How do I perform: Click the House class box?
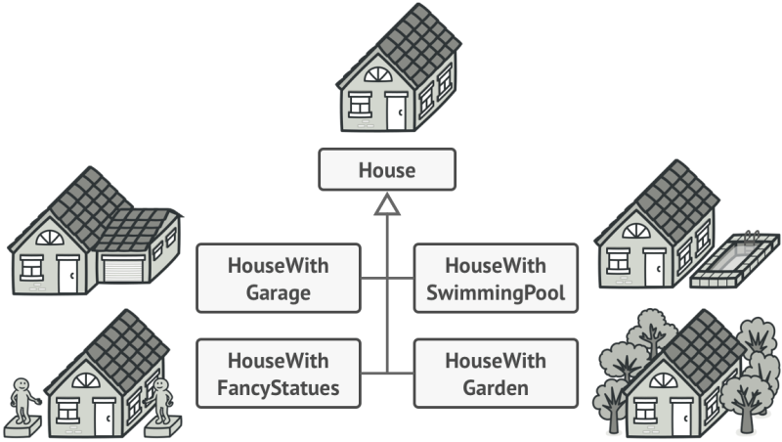pos(387,169)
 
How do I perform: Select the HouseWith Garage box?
pos(278,279)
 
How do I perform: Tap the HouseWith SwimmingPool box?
pos(496,279)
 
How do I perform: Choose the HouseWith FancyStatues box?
pos(278,374)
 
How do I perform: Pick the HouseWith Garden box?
pos(496,374)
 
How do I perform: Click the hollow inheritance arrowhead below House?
pos(388,203)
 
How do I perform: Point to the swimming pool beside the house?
pos(734,261)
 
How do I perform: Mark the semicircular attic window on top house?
pos(376,75)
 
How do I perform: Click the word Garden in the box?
pos(496,387)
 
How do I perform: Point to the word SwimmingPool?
pos(496,292)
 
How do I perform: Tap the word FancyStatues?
pos(278,387)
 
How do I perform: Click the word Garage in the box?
pos(278,292)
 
